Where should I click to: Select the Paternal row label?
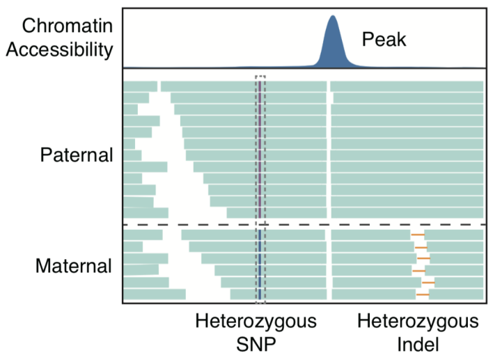[x=76, y=154]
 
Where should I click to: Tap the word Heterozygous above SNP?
[x=256, y=322]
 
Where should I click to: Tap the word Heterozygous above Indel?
[x=418, y=322]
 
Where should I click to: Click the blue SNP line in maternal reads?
[x=260, y=265]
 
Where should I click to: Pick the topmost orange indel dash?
[x=418, y=235]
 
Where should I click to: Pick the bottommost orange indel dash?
[x=423, y=295]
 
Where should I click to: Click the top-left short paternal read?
[x=141, y=86]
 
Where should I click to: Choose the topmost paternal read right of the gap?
[x=407, y=86]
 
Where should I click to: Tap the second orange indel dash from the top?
[x=421, y=247]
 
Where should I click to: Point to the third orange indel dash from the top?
[x=423, y=259]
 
